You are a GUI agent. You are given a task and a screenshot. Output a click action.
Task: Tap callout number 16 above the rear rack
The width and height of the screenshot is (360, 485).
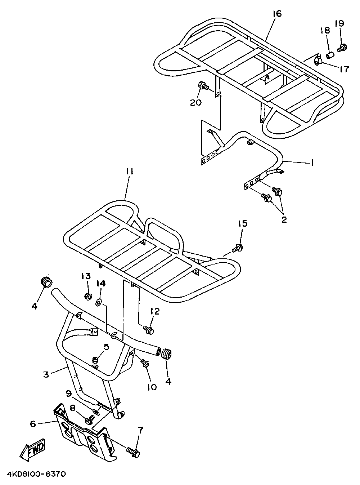click(277, 14)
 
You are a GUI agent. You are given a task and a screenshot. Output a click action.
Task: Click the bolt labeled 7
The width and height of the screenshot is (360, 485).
click(133, 451)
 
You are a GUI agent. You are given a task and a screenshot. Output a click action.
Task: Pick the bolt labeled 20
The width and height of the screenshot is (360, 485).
click(203, 86)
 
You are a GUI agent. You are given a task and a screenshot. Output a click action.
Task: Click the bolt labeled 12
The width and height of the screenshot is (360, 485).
click(148, 329)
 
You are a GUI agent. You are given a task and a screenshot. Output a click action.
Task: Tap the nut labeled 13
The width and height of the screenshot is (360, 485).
click(87, 297)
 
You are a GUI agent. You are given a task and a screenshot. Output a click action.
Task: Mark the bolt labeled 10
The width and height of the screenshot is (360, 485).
click(145, 363)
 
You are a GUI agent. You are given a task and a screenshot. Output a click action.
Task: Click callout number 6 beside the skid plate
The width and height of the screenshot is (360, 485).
click(33, 424)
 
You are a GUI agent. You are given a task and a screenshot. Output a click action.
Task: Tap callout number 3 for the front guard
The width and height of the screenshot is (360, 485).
click(46, 374)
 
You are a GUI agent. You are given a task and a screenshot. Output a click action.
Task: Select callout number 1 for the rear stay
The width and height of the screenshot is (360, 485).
click(312, 163)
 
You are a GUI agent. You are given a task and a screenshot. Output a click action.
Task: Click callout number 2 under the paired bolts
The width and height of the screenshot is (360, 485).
click(284, 219)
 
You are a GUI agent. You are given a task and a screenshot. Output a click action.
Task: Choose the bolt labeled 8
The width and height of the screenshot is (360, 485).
click(89, 419)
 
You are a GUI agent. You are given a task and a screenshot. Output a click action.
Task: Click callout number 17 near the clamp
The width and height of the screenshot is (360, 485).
click(344, 68)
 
